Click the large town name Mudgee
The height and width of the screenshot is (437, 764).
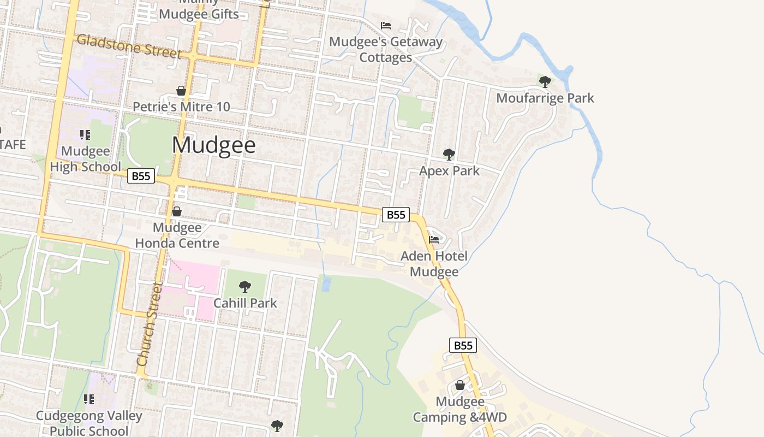coord(213,145)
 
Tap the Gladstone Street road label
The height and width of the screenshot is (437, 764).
coord(129,46)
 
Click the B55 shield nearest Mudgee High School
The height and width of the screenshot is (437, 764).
coord(141,176)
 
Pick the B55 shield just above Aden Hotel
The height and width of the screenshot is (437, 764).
coord(396,215)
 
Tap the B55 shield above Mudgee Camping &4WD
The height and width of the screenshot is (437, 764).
coord(463,345)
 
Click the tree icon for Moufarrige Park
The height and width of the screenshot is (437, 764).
coord(545,82)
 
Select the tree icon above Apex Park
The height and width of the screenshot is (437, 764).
coord(449,155)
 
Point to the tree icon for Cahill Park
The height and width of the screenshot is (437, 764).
coord(245,286)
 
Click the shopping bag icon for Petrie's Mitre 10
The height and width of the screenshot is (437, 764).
coord(181,91)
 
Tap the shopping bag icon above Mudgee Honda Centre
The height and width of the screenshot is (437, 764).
coord(177,211)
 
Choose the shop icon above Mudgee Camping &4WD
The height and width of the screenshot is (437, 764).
coord(460,386)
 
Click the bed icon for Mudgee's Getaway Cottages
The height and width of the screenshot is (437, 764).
coord(386,26)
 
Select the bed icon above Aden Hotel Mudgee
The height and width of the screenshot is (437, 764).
coord(434,240)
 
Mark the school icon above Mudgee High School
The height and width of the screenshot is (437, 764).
coord(85,135)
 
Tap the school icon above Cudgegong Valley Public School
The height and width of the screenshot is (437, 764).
coord(89,399)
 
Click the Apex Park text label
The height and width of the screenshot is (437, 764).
coord(449,171)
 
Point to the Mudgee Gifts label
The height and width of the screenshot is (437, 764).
coord(199,14)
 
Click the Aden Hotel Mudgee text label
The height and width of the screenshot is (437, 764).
coord(434,264)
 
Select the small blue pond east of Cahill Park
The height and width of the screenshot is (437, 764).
coord(326,284)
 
